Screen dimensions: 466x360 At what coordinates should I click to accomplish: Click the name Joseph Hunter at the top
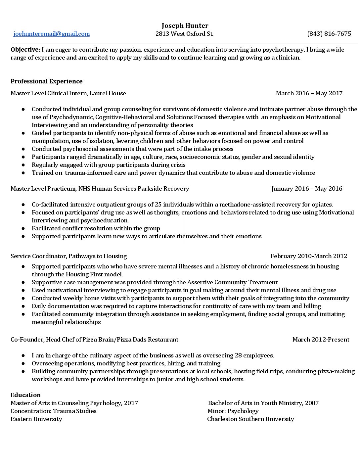coord(185,25)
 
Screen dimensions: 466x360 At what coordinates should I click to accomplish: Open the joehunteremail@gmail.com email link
coord(52,34)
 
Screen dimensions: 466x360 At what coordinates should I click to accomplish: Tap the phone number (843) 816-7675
coord(329,34)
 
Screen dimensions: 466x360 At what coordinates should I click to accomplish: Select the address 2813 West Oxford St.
coord(184,34)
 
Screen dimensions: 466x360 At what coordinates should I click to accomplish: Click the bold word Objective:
coord(25,50)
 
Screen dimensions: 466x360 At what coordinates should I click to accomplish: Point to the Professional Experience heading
coord(47,81)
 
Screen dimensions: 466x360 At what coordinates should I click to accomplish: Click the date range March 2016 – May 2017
coord(309,93)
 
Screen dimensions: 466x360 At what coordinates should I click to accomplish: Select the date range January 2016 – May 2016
coord(307,189)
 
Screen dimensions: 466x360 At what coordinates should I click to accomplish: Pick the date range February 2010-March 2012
coord(309,256)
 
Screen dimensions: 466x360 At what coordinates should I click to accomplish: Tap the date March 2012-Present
coord(321,340)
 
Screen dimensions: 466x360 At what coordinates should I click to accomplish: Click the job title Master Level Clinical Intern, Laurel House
coord(68,93)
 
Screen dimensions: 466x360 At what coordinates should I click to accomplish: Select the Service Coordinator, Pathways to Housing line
coord(68,256)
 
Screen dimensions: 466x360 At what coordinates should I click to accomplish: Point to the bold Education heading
coord(25,395)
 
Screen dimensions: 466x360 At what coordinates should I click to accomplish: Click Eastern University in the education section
coord(36,419)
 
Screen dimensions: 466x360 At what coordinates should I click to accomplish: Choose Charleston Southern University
coord(250,419)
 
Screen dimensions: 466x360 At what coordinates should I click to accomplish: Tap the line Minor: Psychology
coord(233,411)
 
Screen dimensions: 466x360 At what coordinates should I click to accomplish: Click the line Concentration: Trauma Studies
coord(54,411)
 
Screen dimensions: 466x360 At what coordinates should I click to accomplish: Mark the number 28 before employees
coord(239,355)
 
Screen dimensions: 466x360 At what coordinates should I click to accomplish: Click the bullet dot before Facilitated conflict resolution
coord(23,228)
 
